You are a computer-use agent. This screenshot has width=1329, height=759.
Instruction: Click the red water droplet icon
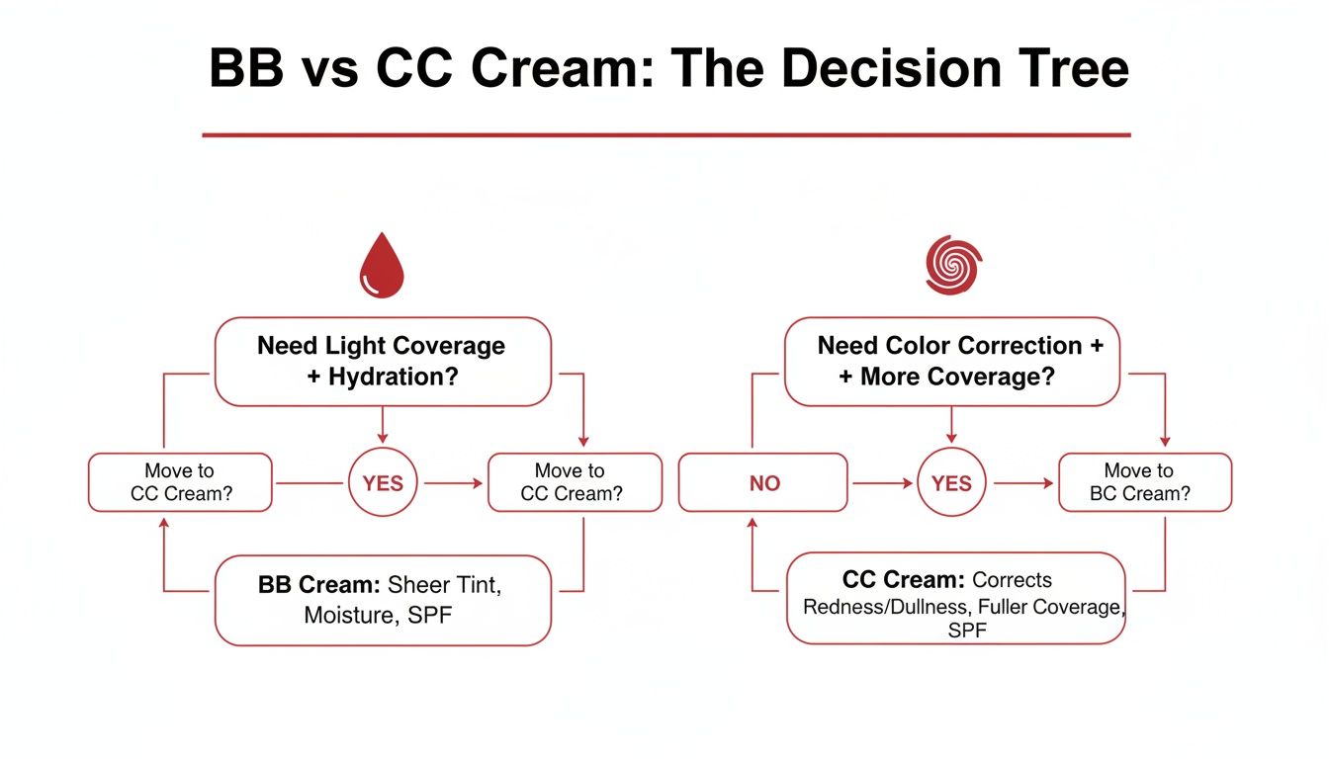[x=382, y=267]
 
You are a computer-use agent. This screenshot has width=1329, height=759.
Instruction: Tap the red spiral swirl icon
[x=953, y=264]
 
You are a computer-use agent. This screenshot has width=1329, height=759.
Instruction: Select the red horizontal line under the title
[x=665, y=134]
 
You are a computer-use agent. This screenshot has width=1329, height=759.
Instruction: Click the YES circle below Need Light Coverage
[x=383, y=483]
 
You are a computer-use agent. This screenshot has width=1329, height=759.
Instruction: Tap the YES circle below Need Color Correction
[x=951, y=483]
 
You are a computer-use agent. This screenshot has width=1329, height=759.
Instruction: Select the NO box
[x=762, y=483]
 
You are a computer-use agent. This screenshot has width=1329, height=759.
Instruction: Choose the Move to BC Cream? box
[x=1144, y=482]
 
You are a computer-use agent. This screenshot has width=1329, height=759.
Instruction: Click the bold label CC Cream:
[x=903, y=579]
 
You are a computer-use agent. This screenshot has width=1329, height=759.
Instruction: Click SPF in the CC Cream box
[x=966, y=631]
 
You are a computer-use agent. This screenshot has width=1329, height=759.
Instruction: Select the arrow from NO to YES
[x=882, y=483]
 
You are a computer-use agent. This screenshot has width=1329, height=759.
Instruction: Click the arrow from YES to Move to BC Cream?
[x=1023, y=483]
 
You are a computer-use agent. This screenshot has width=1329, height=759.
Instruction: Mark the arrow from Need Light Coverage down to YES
[x=383, y=424]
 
